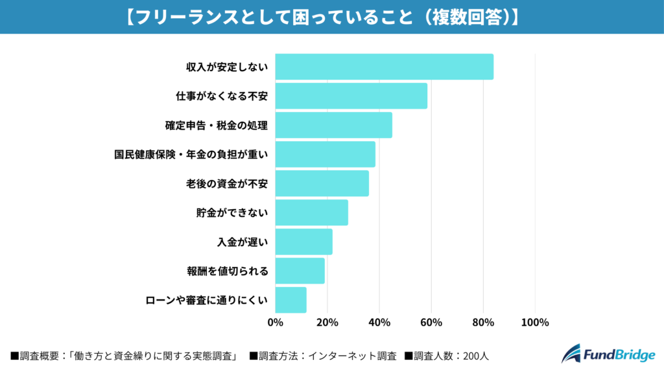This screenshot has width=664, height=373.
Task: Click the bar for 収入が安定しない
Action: coord(384,67)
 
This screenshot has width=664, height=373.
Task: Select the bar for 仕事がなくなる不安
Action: coord(351,96)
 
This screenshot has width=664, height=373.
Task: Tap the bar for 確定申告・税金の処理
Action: coord(333,125)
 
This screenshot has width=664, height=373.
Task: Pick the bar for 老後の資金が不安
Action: coord(322,183)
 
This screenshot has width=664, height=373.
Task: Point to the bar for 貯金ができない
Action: coord(311,212)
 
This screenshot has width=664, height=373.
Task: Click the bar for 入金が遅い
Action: coord(303,242)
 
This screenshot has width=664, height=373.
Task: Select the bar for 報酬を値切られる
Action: coord(300,271)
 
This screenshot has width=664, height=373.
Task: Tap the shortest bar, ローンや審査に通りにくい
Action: coord(290,300)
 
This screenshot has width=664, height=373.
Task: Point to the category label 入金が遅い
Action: coord(243,242)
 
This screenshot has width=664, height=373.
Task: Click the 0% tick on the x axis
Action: coord(276,322)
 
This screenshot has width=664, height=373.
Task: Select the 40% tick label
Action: coord(379,322)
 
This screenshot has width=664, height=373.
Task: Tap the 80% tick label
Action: coord(483,322)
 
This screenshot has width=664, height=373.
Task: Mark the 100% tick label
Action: coord(535,322)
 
